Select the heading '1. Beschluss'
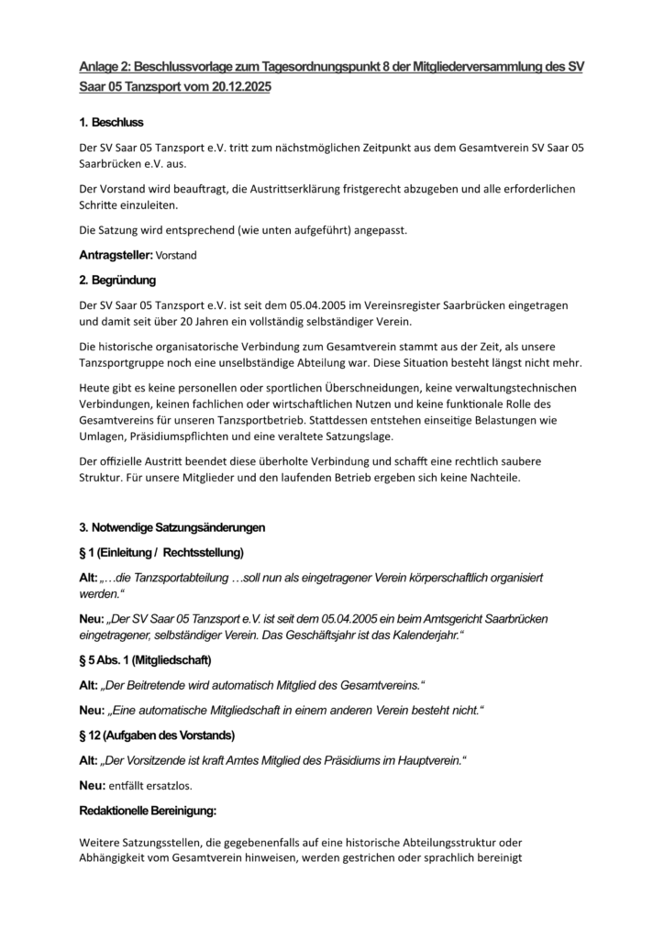[111, 122]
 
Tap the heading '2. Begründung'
[117, 279]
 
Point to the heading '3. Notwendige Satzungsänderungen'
[172, 527]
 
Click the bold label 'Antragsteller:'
[116, 255]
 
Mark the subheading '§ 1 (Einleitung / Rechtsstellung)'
[161, 552]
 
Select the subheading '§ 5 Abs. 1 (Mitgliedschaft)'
[146, 660]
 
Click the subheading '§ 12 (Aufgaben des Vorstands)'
[157, 735]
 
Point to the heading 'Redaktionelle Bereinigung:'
[148, 811]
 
